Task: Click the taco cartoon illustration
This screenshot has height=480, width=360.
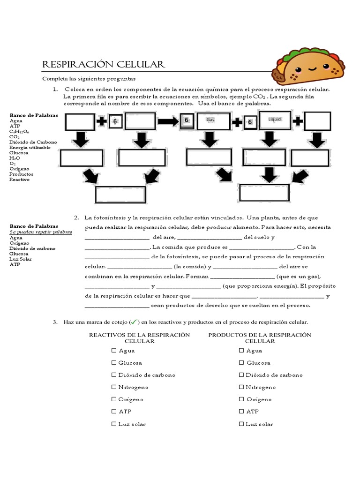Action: tap(310, 68)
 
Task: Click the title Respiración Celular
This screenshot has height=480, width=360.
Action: tap(103, 64)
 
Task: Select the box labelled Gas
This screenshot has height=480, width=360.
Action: tap(210, 120)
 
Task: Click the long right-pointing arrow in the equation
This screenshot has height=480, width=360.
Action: tap(168, 122)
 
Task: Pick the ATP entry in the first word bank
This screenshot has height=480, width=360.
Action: tap(15, 126)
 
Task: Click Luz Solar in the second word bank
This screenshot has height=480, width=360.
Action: tap(21, 259)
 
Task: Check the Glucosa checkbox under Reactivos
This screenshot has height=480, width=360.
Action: tap(114, 363)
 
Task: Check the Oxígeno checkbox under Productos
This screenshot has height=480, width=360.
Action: tap(241, 399)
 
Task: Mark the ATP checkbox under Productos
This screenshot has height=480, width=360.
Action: tap(241, 412)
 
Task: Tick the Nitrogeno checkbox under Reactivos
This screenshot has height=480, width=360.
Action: tap(114, 387)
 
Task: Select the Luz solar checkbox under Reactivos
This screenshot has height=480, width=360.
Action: tap(114, 424)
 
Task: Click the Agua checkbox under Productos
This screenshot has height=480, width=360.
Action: tap(241, 351)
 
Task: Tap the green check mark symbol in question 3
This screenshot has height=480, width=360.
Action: tap(134, 322)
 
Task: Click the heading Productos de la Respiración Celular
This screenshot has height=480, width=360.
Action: tap(260, 337)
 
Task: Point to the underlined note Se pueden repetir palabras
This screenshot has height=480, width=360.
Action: tap(41, 232)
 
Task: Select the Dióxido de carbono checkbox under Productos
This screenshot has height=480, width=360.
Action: tap(241, 375)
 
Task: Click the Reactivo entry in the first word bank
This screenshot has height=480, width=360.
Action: tap(19, 180)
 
